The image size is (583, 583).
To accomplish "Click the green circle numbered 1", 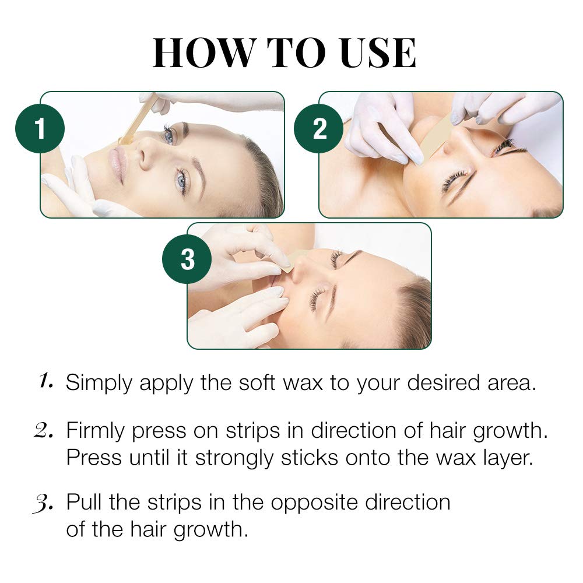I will point(40,129).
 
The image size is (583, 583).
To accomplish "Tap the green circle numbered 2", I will point(319,129).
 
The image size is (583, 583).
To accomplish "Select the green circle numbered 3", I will point(187,260).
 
